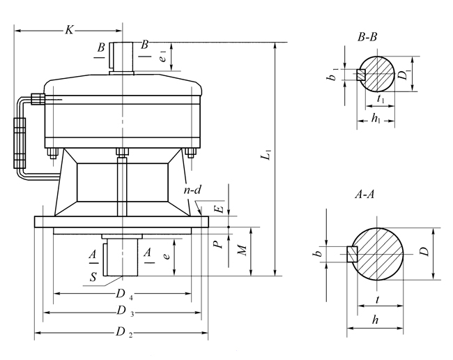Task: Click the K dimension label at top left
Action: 69,29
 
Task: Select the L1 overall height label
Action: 266,159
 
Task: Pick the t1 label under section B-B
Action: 380,100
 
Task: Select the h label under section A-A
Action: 376,320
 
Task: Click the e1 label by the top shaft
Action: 162,56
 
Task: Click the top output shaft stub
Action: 122,57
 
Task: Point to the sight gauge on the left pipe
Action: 19,142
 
